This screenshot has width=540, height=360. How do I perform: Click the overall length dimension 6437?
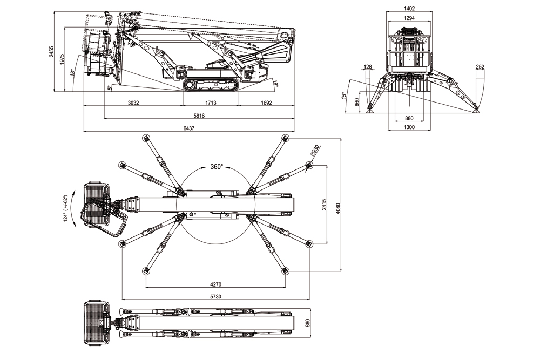(188, 127)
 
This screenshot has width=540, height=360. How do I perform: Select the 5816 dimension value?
(199, 115)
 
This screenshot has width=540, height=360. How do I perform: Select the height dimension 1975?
(62, 59)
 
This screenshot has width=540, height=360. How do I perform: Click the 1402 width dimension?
(409, 8)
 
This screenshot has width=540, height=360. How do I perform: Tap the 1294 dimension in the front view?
(409, 18)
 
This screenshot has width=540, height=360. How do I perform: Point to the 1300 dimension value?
(409, 127)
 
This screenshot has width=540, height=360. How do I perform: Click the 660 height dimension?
(357, 102)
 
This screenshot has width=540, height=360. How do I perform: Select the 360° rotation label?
(216, 167)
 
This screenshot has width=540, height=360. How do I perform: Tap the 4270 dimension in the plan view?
(215, 284)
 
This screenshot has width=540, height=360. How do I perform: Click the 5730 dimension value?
(215, 296)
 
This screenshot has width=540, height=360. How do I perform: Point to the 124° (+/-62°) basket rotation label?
(66, 208)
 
